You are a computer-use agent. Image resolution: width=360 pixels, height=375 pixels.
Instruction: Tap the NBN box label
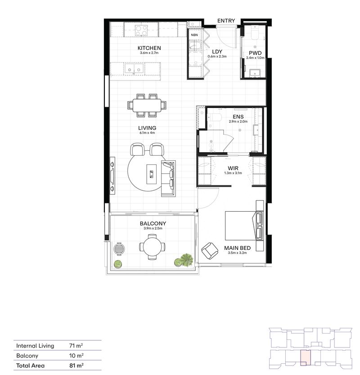coord(194,35)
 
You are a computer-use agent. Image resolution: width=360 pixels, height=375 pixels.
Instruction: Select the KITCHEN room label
coord(149,48)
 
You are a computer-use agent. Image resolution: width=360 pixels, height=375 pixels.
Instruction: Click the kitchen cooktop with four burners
coord(142,30)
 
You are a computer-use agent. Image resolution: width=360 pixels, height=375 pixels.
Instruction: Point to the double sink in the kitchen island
coord(135,69)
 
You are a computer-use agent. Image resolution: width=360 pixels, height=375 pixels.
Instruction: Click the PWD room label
coord(255,53)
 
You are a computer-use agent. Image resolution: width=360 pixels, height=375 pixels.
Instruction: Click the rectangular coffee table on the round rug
coord(153,172)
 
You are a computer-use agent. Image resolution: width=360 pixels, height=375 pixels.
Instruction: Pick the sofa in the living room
coord(168,178)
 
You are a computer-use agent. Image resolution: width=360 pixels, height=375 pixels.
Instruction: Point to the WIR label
coord(233,168)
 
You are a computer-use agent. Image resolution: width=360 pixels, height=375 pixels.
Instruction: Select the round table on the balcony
coord(152,247)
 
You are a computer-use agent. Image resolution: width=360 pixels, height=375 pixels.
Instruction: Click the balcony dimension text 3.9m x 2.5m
coord(153,229)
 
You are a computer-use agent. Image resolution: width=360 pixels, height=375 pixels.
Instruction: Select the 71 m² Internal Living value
coord(74,346)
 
